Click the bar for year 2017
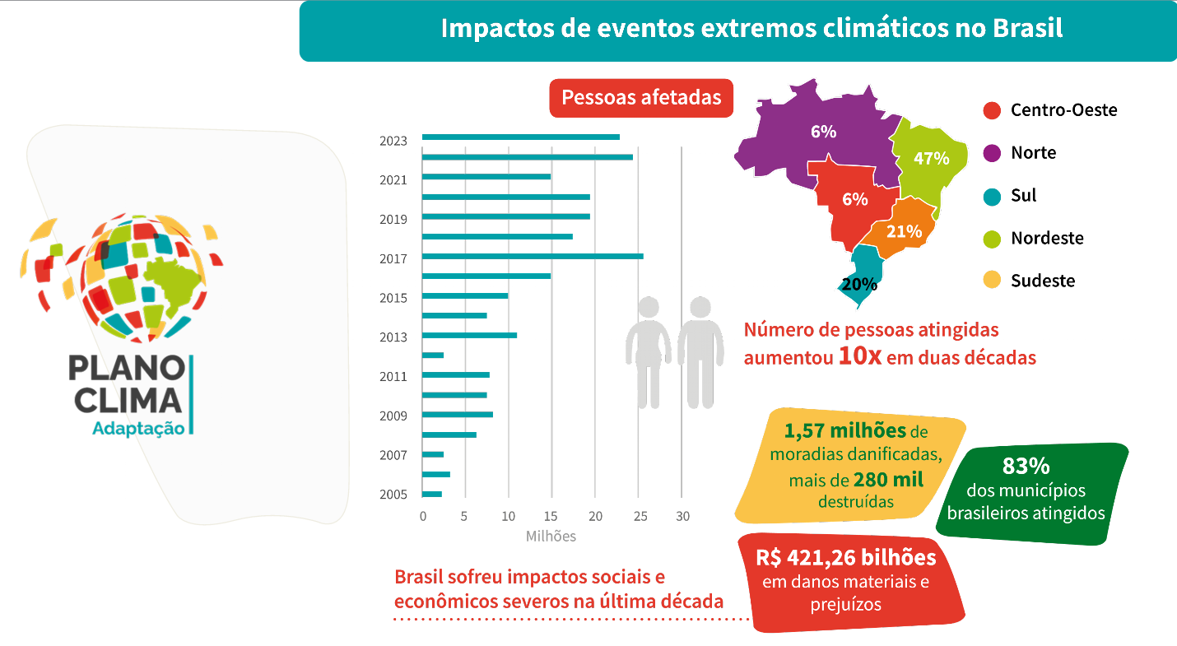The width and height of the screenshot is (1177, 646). coord(532,256)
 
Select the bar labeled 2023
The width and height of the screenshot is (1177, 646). coord(520,137)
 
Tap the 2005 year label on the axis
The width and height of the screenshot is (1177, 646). coord(393,495)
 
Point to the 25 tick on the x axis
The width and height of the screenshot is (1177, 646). coord(638,517)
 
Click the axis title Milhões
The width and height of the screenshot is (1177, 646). coord(551,537)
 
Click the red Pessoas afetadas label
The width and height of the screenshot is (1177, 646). coord(641,98)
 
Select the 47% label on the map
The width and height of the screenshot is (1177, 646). coord(931,159)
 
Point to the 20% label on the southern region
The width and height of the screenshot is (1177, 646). coord(859,286)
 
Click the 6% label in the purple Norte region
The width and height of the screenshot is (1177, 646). coord(822,132)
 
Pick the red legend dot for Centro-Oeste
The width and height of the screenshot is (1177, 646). coord(992,110)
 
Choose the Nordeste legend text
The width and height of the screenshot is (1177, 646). coord(1047,239)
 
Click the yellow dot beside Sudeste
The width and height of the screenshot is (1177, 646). coord(992,281)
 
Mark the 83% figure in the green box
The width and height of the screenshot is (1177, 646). coord(1026,466)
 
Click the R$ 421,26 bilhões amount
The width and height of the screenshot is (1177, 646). coord(845,558)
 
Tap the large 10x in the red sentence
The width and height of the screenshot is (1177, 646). coord(860,357)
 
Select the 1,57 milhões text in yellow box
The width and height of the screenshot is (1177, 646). coord(844,431)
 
